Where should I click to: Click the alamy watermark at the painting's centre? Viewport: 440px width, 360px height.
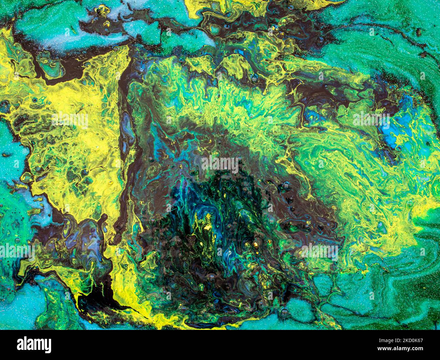[x=220, y=164]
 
